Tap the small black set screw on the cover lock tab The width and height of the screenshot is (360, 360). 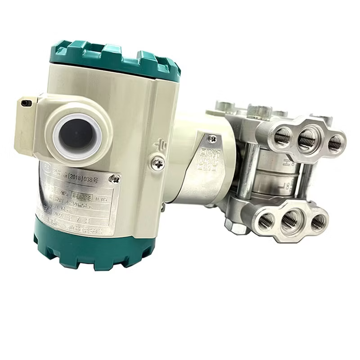click(27, 103)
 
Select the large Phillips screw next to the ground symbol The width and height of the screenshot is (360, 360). click(157, 162)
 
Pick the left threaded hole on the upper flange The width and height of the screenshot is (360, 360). click(283, 137)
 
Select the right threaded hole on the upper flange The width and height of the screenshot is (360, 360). click(334, 144)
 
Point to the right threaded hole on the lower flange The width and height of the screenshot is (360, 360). click(319, 221)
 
